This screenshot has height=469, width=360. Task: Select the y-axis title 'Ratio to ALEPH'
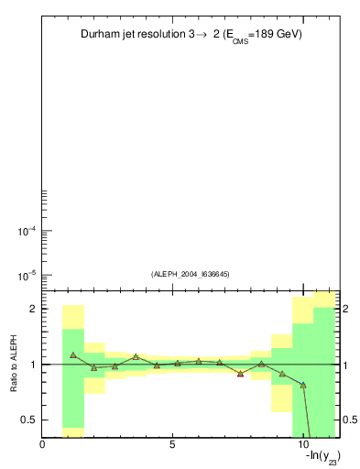15,365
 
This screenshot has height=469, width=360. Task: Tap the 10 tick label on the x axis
302,443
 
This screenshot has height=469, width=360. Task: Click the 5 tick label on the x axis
172,443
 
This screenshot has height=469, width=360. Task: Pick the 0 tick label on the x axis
42,443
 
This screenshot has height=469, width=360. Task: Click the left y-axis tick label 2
33,309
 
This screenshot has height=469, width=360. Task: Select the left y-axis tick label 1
33,365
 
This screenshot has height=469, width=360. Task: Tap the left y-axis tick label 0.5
29,420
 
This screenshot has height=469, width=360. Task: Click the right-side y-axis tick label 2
346,309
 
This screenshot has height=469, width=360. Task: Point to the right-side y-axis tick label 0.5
350,420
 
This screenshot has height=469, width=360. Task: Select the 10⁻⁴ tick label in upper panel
27,231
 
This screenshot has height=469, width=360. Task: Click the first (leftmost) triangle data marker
73,354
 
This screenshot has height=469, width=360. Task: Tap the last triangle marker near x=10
303,385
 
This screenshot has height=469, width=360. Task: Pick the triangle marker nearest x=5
178,363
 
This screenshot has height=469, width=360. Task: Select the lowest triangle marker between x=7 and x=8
240,373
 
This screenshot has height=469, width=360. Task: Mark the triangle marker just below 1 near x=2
94,367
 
